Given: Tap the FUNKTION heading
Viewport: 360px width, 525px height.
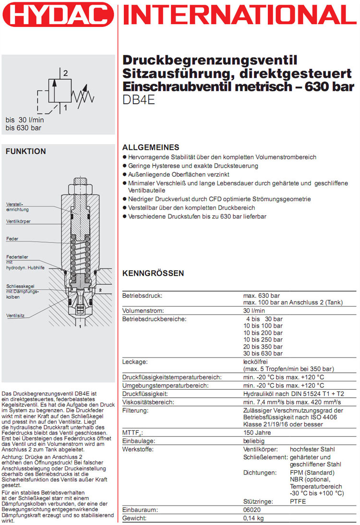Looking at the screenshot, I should coord(25,152).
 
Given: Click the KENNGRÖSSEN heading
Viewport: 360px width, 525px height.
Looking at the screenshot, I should coord(153,273).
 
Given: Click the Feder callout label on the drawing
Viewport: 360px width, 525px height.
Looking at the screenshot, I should coord(12,239).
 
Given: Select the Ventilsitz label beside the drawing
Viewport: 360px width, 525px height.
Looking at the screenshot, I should coord(15,316).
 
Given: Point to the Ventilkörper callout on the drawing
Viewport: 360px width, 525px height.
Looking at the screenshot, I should coord(19,221).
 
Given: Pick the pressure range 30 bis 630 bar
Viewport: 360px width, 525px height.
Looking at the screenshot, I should coord(263,353).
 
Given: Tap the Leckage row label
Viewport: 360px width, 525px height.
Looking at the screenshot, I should coord(135,362).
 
